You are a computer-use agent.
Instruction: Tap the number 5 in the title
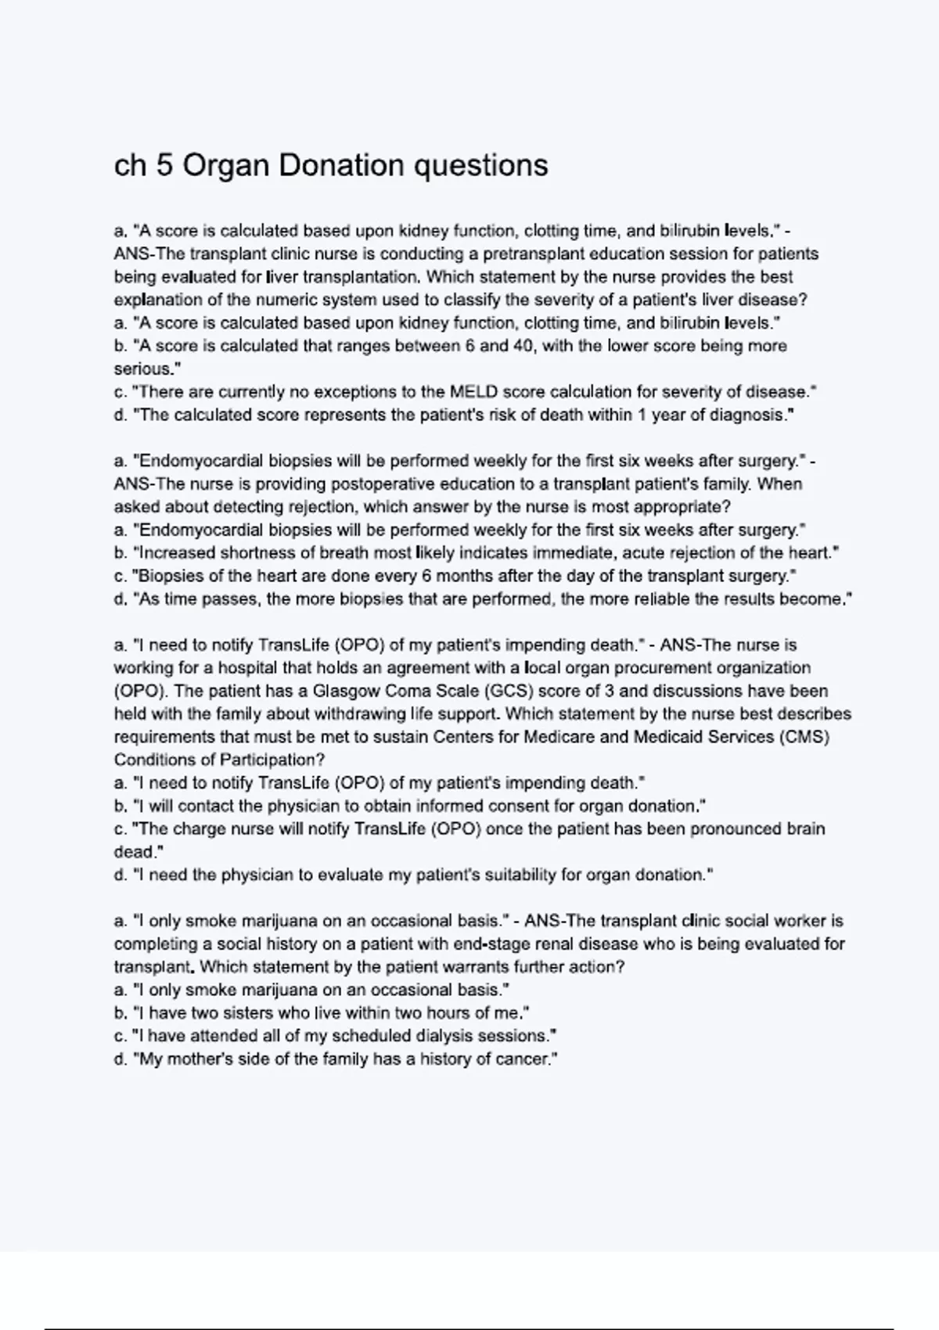point(164,165)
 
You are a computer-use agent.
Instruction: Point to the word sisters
point(243,1013)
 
